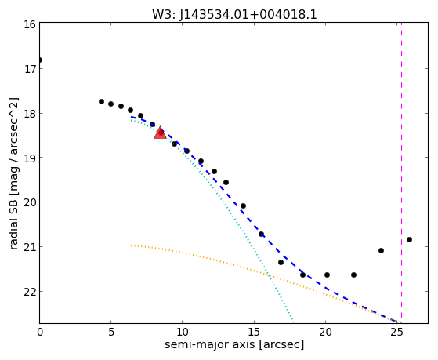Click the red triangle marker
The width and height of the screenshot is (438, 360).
tap(160, 133)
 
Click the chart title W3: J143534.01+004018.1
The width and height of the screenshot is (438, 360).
tap(234, 15)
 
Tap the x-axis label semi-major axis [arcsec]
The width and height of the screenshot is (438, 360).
tap(234, 344)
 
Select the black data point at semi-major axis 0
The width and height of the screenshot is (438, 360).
tap(40, 60)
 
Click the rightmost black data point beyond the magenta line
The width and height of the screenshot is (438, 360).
tap(409, 239)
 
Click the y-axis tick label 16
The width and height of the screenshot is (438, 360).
tap(29, 24)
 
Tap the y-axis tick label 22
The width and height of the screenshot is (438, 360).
tap(29, 292)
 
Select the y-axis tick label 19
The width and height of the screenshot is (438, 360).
tap(29, 158)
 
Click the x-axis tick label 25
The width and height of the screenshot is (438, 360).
tap(396, 332)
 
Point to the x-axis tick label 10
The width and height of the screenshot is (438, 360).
tap(182, 332)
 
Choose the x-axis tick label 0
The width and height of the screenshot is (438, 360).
tap(40, 332)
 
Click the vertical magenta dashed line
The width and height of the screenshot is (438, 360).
tap(401, 173)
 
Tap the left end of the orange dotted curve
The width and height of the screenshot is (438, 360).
tap(131, 245)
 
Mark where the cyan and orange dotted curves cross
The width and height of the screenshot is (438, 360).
tap(270, 275)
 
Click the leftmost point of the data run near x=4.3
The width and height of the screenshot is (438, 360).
tap(101, 101)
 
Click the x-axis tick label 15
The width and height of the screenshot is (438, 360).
tap(254, 332)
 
